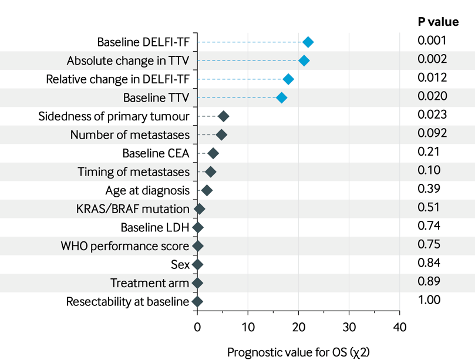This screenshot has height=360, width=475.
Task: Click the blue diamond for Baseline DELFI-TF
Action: coord(308,42)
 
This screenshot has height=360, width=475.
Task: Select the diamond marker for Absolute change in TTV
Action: coord(304,60)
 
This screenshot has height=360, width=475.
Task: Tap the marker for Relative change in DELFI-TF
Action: coord(288,79)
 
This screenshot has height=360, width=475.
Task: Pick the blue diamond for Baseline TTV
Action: coord(282,97)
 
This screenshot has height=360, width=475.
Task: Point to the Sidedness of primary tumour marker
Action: coord(223,116)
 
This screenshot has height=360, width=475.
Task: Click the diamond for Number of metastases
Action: coord(221,135)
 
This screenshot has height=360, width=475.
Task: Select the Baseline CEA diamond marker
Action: coord(213,153)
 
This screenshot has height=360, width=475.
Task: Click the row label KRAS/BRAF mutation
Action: coord(133,209)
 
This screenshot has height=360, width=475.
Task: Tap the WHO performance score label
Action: coord(125,246)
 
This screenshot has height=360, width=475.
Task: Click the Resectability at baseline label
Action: coord(128,302)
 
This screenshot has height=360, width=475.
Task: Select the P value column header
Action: coord(438,22)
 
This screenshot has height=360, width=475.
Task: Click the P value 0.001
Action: coord(432,41)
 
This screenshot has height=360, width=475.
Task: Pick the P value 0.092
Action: coord(432,133)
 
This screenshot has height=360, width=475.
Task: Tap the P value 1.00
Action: coord(429,300)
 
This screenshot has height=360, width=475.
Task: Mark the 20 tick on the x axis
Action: coord(298,327)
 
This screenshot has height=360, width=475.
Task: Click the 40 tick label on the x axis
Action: coord(400,327)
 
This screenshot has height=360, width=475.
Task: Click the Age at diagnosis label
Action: coord(147,190)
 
